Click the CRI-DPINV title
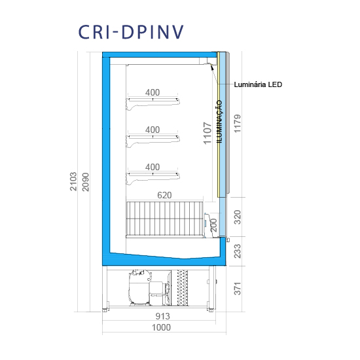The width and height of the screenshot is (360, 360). [x=131, y=32]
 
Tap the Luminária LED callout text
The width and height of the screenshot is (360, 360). [x=258, y=84]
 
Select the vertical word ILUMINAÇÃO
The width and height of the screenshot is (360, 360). [x=220, y=122]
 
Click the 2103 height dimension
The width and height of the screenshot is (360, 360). [x=73, y=181]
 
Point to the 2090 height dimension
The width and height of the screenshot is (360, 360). [x=85, y=182]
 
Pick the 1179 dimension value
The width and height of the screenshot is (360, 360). [x=238, y=124]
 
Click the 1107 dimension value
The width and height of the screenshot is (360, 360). [x=207, y=134]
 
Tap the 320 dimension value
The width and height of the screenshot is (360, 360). [x=238, y=217]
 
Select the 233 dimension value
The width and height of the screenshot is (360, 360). [x=238, y=251]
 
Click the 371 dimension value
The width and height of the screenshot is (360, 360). [x=238, y=289]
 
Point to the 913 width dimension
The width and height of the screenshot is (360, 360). [x=163, y=316]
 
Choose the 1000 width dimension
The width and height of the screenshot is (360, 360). [x=161, y=327]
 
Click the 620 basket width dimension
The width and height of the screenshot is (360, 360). [x=164, y=195]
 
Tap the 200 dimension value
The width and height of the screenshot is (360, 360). [x=213, y=225]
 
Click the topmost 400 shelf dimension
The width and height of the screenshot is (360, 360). [x=153, y=92]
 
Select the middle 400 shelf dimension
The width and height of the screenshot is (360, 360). [x=153, y=130]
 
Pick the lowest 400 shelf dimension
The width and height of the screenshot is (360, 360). [x=153, y=167]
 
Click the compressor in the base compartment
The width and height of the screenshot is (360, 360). [x=139, y=288]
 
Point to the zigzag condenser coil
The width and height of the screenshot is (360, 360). [x=183, y=288]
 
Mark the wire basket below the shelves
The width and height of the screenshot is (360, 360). [x=164, y=219]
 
